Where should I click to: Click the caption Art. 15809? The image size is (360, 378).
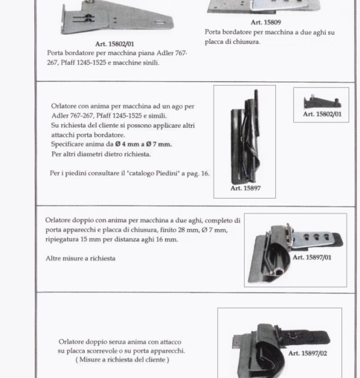coord(266,22)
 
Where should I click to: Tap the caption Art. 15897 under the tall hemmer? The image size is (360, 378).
coord(245,188)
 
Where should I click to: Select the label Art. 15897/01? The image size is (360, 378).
coord(312,257)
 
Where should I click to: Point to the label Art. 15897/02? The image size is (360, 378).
coord(308,353)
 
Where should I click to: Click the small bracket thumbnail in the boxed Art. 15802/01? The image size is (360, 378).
coord(322,102)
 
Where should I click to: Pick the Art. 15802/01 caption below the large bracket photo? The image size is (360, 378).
coord(115,44)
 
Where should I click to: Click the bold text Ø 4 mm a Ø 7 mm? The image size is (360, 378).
coord(143,145)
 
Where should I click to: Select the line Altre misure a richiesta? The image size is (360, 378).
coord(80,259)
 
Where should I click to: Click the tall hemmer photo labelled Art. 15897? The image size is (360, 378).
coord(245,136)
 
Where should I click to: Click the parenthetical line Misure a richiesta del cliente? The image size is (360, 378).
coord(122,359)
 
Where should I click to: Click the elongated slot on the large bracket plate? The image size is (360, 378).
coord(160,22)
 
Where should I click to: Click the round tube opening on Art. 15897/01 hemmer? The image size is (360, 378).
coord(280,272)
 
